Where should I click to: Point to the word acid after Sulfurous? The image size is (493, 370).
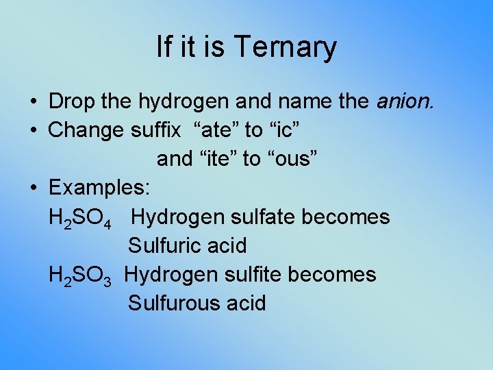pyautogui.click(x=245, y=303)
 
